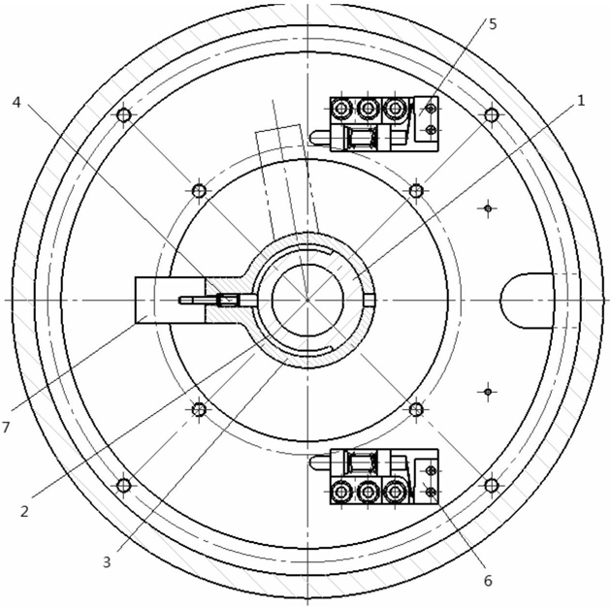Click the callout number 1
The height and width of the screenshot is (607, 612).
pos(581,101)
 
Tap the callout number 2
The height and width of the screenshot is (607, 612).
pos(24,511)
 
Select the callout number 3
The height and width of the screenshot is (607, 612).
pos(107,562)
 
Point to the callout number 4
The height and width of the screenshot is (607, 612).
pos(16,102)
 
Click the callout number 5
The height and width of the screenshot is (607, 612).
pos(493,24)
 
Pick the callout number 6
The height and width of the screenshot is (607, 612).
pos(488,581)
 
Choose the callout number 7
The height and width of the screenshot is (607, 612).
pos(5,428)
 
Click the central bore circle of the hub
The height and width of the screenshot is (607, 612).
pos(307,300)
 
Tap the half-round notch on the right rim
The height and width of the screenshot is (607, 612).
pos(527,300)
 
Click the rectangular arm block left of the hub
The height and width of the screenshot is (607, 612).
pos(170,300)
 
